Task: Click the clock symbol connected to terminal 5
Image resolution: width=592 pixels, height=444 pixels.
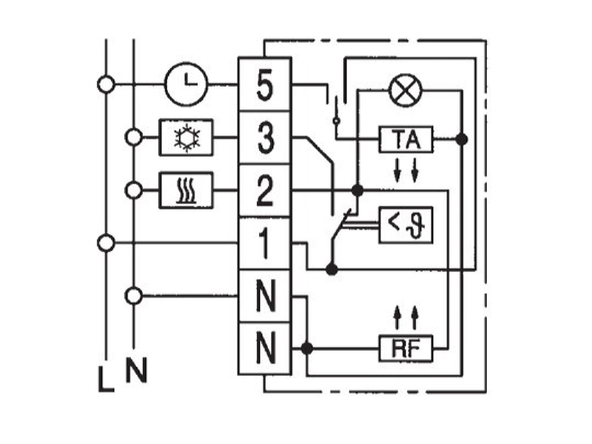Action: click(186, 84)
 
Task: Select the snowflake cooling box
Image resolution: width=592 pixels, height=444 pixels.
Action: click(186, 137)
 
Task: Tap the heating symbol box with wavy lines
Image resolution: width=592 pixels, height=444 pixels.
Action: click(186, 190)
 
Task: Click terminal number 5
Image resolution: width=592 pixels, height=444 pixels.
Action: click(265, 85)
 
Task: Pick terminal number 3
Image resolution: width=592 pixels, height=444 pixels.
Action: click(265, 138)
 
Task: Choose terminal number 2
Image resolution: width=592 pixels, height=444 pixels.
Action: click(265, 191)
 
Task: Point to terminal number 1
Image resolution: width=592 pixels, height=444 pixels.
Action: click(265, 244)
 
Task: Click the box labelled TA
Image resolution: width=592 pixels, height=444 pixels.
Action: click(406, 140)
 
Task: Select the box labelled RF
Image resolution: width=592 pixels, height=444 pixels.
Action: click(406, 349)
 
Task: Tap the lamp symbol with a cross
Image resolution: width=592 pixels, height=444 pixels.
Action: click(406, 90)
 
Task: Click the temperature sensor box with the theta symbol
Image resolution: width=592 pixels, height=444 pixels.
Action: click(406, 225)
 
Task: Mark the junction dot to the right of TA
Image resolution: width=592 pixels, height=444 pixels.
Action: click(461, 139)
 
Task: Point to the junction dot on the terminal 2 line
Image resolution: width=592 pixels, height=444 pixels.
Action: click(357, 190)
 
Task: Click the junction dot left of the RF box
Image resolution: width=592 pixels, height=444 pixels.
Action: click(307, 348)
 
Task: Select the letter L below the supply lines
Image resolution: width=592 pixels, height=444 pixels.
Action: click(106, 379)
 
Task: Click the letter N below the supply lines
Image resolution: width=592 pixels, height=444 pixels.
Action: click(136, 369)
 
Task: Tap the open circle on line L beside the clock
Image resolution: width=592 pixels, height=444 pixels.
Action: click(106, 84)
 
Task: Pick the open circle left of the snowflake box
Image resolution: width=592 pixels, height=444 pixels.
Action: click(134, 137)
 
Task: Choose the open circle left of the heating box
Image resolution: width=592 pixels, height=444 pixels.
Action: click(134, 190)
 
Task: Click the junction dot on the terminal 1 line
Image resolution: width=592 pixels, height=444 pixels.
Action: click(332, 269)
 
